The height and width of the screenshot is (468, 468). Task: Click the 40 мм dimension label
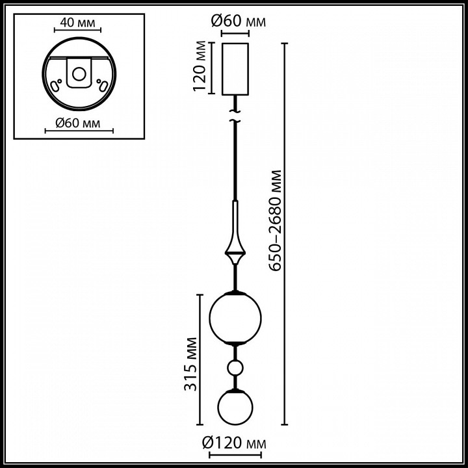(77, 22)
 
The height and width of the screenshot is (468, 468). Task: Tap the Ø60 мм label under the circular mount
(78, 123)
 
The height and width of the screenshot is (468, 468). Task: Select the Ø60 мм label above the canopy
(238, 21)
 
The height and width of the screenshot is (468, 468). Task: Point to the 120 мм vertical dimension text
(200, 66)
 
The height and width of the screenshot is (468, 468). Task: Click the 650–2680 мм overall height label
(275, 220)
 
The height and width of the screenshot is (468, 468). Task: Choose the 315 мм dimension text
(190, 364)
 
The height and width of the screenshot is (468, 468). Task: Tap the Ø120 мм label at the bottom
(234, 443)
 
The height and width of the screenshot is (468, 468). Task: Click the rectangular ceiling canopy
(235, 70)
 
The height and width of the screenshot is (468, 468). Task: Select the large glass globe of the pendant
(235, 318)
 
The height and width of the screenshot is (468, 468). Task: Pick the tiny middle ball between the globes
(235, 368)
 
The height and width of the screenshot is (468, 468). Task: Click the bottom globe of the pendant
(235, 407)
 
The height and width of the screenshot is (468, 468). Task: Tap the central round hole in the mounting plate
(79, 74)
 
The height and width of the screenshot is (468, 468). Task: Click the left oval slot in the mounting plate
(55, 86)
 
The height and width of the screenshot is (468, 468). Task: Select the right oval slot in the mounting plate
(103, 86)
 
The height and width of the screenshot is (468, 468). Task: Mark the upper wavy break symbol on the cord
(235, 111)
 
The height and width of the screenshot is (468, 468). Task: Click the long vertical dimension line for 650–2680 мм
(285, 234)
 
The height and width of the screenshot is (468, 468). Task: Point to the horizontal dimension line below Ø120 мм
(235, 455)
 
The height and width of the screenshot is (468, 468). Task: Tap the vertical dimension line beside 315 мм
(200, 359)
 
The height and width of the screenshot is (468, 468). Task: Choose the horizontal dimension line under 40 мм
(77, 30)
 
